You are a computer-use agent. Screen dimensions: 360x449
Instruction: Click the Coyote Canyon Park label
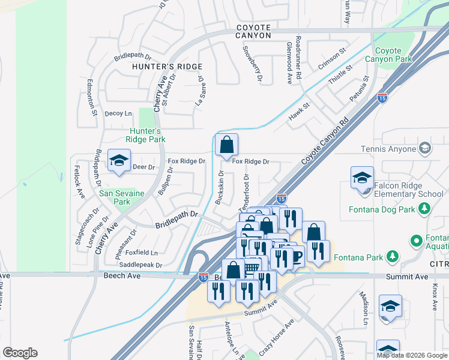tap(393, 55)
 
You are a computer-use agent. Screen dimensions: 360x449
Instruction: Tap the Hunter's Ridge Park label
tap(145, 135)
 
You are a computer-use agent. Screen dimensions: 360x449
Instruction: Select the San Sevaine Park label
tap(115, 197)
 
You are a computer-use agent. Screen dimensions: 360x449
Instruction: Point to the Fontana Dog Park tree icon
tap(425, 209)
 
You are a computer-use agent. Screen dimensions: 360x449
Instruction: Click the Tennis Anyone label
tap(388, 149)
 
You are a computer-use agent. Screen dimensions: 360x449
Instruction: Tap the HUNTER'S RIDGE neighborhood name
tap(167, 67)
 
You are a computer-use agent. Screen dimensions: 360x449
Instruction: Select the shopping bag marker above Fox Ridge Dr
tap(226, 145)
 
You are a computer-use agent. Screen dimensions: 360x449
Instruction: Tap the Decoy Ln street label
tap(118, 113)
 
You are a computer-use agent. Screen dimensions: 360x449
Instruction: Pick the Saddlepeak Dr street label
tap(141, 265)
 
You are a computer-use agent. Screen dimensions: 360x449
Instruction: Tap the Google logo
tap(20, 352)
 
